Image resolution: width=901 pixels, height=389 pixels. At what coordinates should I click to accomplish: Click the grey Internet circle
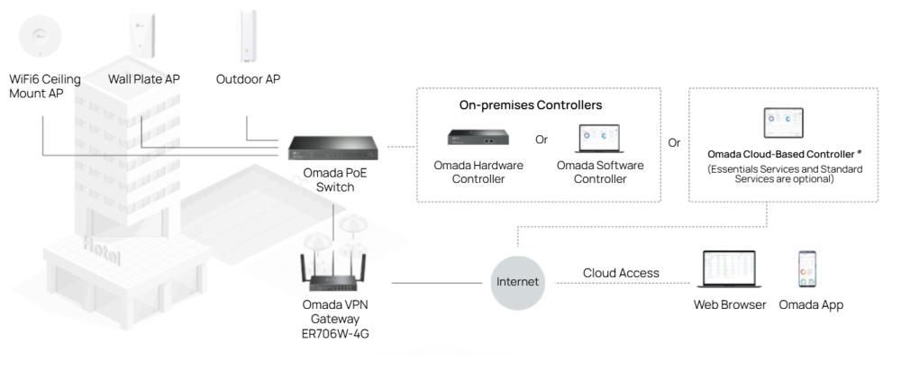[x=517, y=281]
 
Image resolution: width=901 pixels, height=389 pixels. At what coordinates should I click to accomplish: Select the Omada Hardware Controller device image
[x=478, y=138]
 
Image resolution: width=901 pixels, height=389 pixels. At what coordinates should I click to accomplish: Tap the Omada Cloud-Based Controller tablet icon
[x=781, y=122]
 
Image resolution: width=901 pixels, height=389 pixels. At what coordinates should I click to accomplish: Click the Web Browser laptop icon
[x=729, y=269]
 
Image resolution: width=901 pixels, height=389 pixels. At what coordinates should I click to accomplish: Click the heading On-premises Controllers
[x=530, y=105]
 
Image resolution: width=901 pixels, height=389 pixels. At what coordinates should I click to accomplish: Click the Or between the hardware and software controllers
[x=542, y=140]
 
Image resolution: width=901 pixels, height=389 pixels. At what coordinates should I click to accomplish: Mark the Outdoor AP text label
[x=248, y=79]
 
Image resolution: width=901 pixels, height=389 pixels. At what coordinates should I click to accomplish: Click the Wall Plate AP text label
[x=144, y=79]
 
